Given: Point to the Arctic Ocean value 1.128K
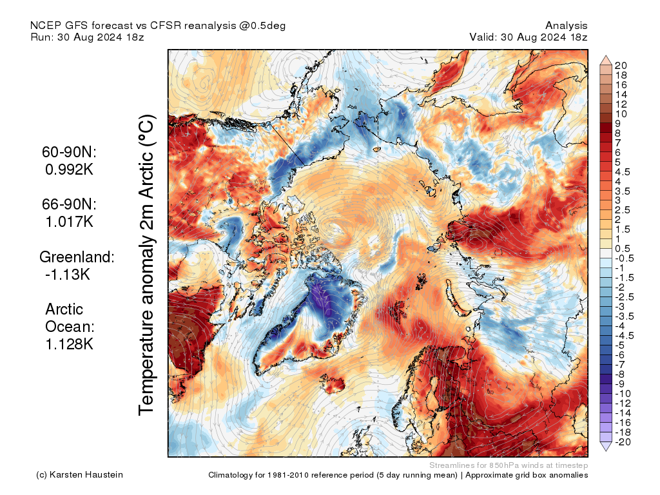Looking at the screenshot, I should click(x=69, y=344).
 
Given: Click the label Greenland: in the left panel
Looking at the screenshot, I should click(x=77, y=257).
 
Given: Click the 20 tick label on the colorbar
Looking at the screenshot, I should click(x=621, y=65).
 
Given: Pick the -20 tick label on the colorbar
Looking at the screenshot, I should click(x=623, y=442).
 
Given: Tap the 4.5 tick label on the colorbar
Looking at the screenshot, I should click(x=623, y=171).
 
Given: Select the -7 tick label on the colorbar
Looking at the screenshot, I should click(x=621, y=364).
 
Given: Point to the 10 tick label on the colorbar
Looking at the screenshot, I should click(x=621, y=113).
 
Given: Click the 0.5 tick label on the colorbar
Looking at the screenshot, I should click(x=623, y=249).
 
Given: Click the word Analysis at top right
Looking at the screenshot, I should click(x=566, y=26).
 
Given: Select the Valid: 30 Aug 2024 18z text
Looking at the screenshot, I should click(x=529, y=37).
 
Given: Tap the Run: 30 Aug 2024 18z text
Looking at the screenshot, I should click(x=87, y=37).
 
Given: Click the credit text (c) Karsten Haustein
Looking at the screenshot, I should click(x=80, y=475).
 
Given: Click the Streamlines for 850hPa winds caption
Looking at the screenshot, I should click(x=509, y=465).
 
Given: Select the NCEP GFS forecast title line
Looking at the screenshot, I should click(x=158, y=26).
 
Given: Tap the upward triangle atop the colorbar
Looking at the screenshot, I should click(x=606, y=59).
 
